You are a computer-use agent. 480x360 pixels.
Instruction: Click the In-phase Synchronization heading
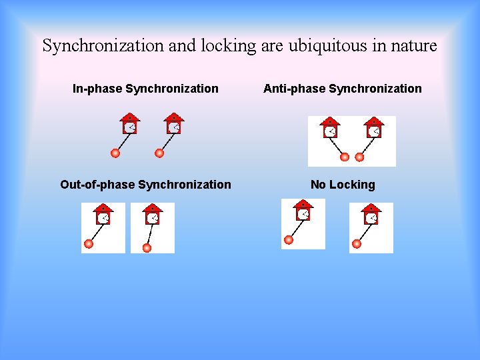[x=145, y=89]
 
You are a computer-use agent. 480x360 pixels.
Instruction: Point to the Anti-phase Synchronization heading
[x=343, y=89]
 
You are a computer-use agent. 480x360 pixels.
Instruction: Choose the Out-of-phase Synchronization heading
[x=145, y=185]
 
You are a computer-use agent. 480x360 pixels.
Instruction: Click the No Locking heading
[x=343, y=185]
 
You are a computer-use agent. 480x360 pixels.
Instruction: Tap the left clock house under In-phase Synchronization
[x=129, y=124]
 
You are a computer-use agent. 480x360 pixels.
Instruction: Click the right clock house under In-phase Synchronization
[x=173, y=124]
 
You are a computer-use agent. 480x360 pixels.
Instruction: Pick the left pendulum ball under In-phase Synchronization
[x=115, y=153]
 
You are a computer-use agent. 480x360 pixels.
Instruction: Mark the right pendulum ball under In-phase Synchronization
[x=159, y=153]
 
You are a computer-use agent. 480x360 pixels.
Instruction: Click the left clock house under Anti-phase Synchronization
[x=330, y=128]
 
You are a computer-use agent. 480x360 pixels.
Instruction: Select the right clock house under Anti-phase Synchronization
[x=374, y=128]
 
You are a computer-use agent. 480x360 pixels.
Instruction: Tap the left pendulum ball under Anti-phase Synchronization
[x=345, y=157]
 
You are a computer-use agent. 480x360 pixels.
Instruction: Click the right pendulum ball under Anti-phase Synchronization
[x=359, y=157]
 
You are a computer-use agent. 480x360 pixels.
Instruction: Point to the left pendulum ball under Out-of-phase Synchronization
[x=89, y=244]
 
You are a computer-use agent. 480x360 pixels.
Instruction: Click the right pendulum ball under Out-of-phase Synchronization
[x=147, y=248]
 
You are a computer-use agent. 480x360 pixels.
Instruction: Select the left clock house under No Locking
[x=303, y=210]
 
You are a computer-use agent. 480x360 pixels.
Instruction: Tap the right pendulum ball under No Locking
[x=357, y=244]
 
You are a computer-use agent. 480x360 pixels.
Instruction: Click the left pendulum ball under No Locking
[x=289, y=240]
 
